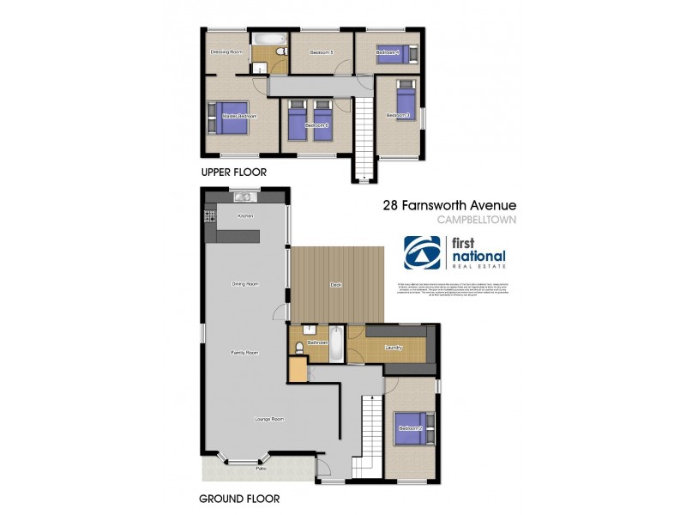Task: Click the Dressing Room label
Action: point(227,53)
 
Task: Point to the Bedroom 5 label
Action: point(321,53)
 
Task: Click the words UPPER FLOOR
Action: point(233,173)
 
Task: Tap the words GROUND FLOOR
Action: point(239,498)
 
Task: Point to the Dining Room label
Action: point(245,283)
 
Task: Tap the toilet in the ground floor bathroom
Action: point(297,347)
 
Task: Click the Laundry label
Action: point(394,348)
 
